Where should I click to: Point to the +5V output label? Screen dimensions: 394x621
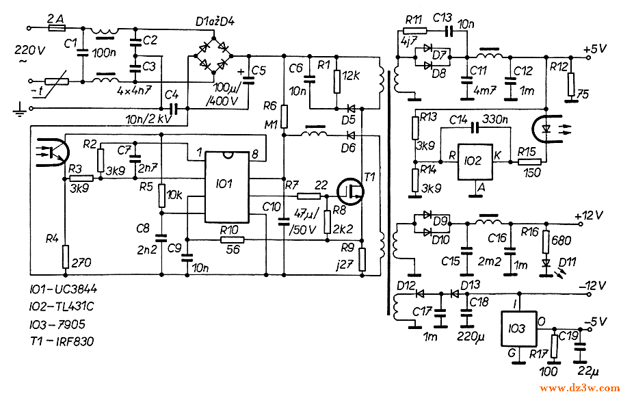click(x=595, y=50)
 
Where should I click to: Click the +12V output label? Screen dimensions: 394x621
click(x=592, y=215)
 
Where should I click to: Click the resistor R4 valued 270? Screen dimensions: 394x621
click(x=66, y=257)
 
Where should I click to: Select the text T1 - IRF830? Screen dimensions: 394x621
click(x=54, y=341)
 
